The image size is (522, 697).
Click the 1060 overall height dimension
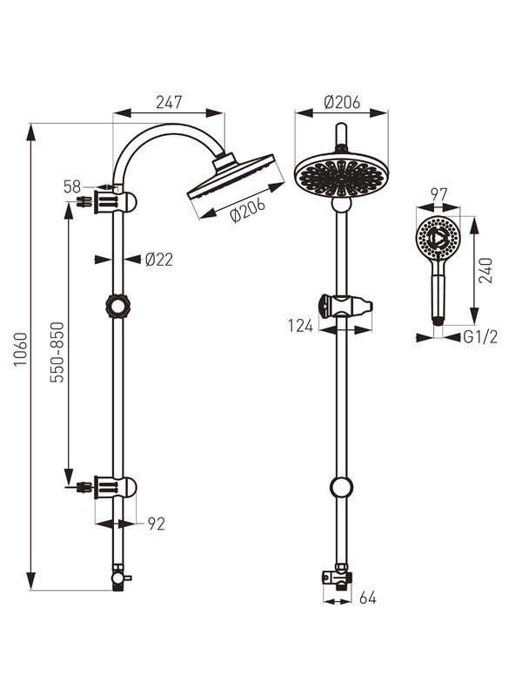pos(21,349)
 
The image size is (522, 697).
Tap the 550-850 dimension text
pos(57,352)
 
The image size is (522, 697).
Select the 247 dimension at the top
pos(169,102)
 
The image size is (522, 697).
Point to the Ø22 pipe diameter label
pos(159,259)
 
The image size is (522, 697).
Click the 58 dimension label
pos(72,186)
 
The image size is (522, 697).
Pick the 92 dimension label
pos(157,524)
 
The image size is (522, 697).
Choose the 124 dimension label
pos(300,326)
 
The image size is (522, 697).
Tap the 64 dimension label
pos(367,599)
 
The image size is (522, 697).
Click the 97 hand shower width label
pos(438,194)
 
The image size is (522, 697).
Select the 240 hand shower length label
pos(486,270)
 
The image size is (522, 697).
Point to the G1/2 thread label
pos(481,337)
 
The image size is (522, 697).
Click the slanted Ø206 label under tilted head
pos(248,210)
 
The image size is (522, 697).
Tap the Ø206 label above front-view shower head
pos(342,102)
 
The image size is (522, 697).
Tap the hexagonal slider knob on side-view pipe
pos(117,306)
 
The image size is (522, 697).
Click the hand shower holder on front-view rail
pos(345,307)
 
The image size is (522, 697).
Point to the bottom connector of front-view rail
pos(338,578)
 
